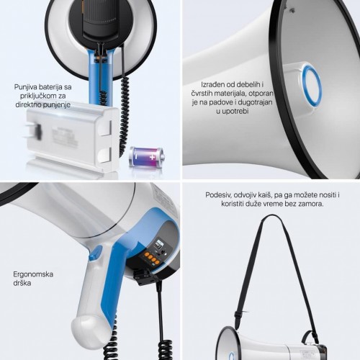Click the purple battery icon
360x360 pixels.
tap(147, 157)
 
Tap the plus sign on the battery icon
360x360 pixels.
tap(153, 157)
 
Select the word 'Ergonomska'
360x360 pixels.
tap(33, 274)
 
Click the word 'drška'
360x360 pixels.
tap(22, 283)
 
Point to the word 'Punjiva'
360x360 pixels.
tap(25, 87)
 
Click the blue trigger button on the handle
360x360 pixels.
tap(96, 253)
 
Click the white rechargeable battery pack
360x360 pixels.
tap(72, 138)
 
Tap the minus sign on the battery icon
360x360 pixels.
tap(136, 157)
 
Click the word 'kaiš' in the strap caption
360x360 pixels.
tap(264, 195)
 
